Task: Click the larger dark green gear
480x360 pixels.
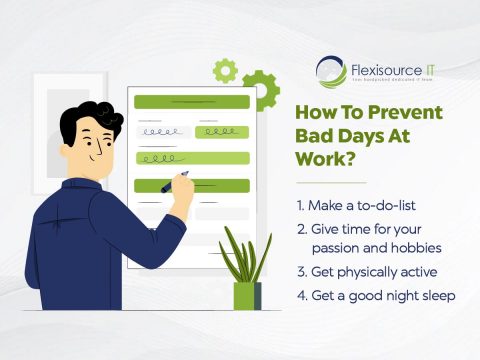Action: coord(260,88)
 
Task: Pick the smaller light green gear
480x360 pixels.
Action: coord(226,70)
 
